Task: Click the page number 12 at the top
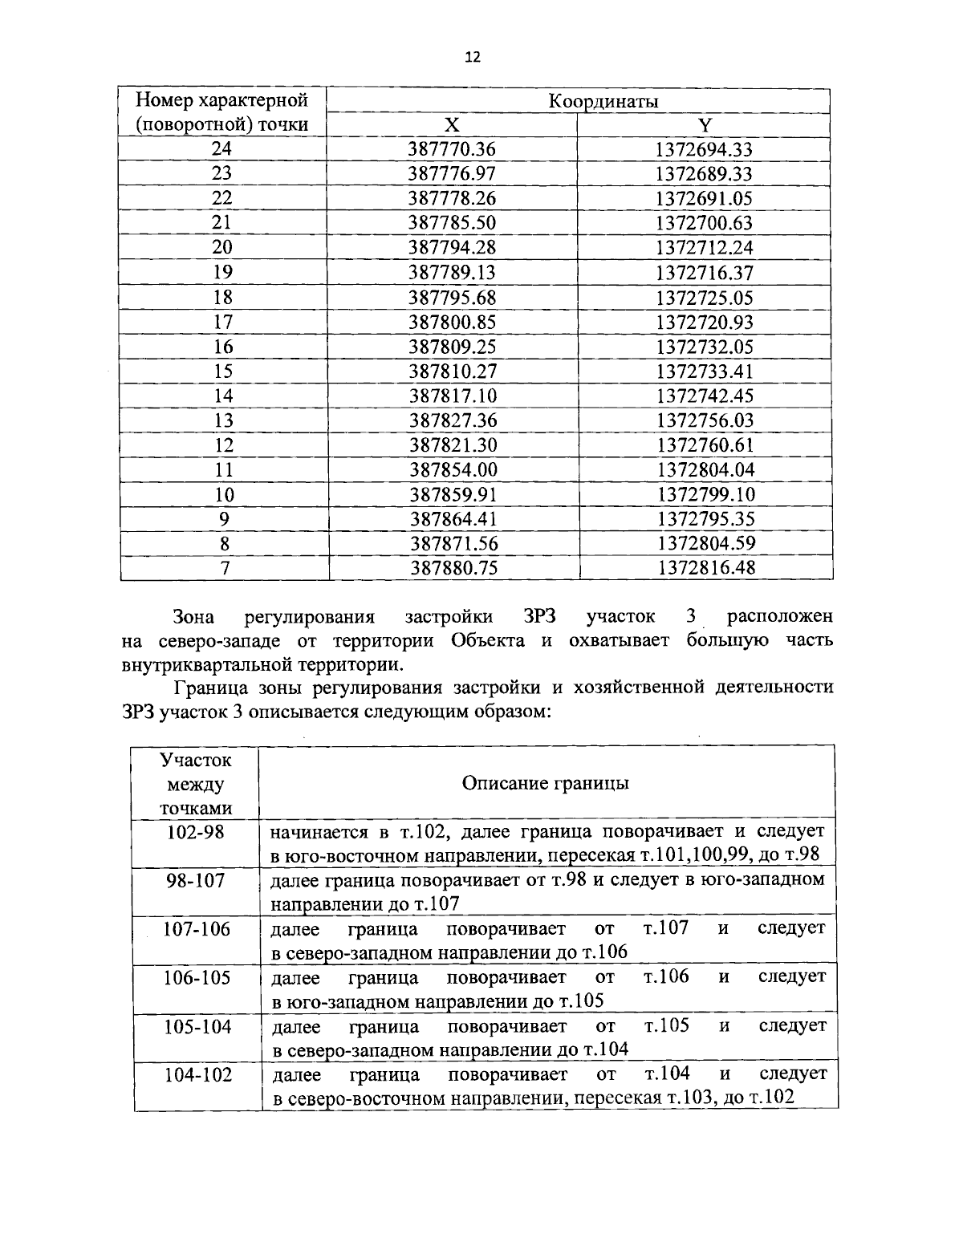click(x=472, y=57)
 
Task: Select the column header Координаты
click(x=603, y=101)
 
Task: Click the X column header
click(x=453, y=125)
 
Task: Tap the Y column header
click(x=705, y=125)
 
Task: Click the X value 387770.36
click(x=453, y=149)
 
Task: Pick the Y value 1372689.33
click(x=705, y=174)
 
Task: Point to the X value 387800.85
click(x=453, y=322)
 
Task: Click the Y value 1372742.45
click(x=705, y=396)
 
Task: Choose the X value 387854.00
click(x=453, y=469)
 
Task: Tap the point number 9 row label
click(x=224, y=519)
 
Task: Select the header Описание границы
click(x=545, y=783)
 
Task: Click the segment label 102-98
click(x=195, y=832)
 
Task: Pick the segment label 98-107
click(x=195, y=881)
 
